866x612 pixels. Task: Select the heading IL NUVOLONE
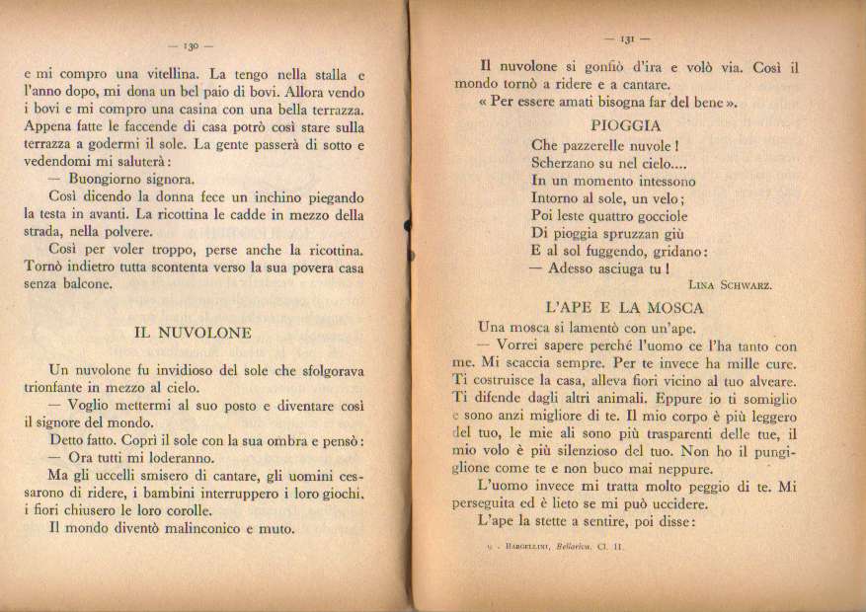tap(193, 333)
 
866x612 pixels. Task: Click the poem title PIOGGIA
tap(626, 125)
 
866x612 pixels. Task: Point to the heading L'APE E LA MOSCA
tap(624, 307)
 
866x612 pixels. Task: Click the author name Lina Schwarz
tap(729, 284)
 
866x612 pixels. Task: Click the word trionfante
tap(65, 388)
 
